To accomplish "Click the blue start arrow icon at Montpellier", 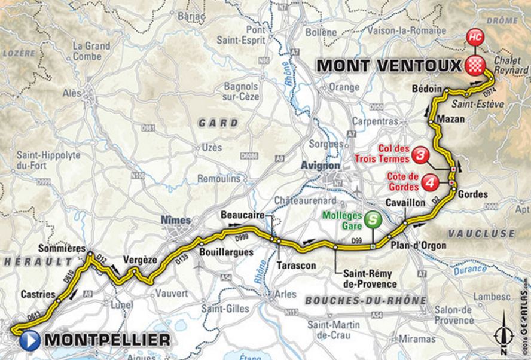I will click(29, 340).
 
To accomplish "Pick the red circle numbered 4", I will click(429, 182).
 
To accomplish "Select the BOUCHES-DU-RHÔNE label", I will click(365, 300).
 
